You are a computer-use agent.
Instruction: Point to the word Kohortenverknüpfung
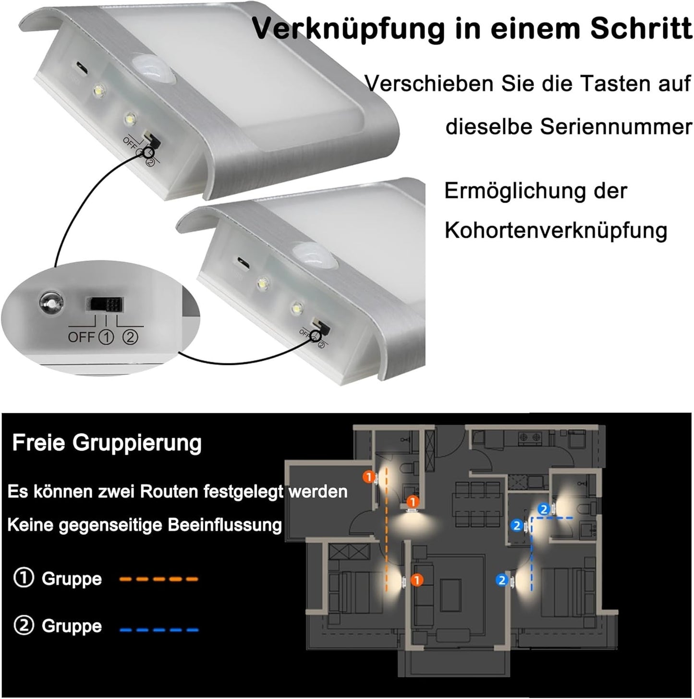point(556,230)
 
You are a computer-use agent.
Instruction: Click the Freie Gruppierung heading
point(107,443)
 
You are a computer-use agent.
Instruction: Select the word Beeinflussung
point(224,525)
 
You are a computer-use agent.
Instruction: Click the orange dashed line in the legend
point(159,579)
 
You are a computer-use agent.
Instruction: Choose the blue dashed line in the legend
point(159,629)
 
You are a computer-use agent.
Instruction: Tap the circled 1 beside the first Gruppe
point(24,578)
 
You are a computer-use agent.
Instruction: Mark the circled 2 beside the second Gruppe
point(24,626)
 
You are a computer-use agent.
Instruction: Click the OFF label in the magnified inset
point(81,337)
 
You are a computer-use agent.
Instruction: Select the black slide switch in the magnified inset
point(104,304)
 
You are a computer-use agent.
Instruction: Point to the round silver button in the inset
point(51,303)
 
